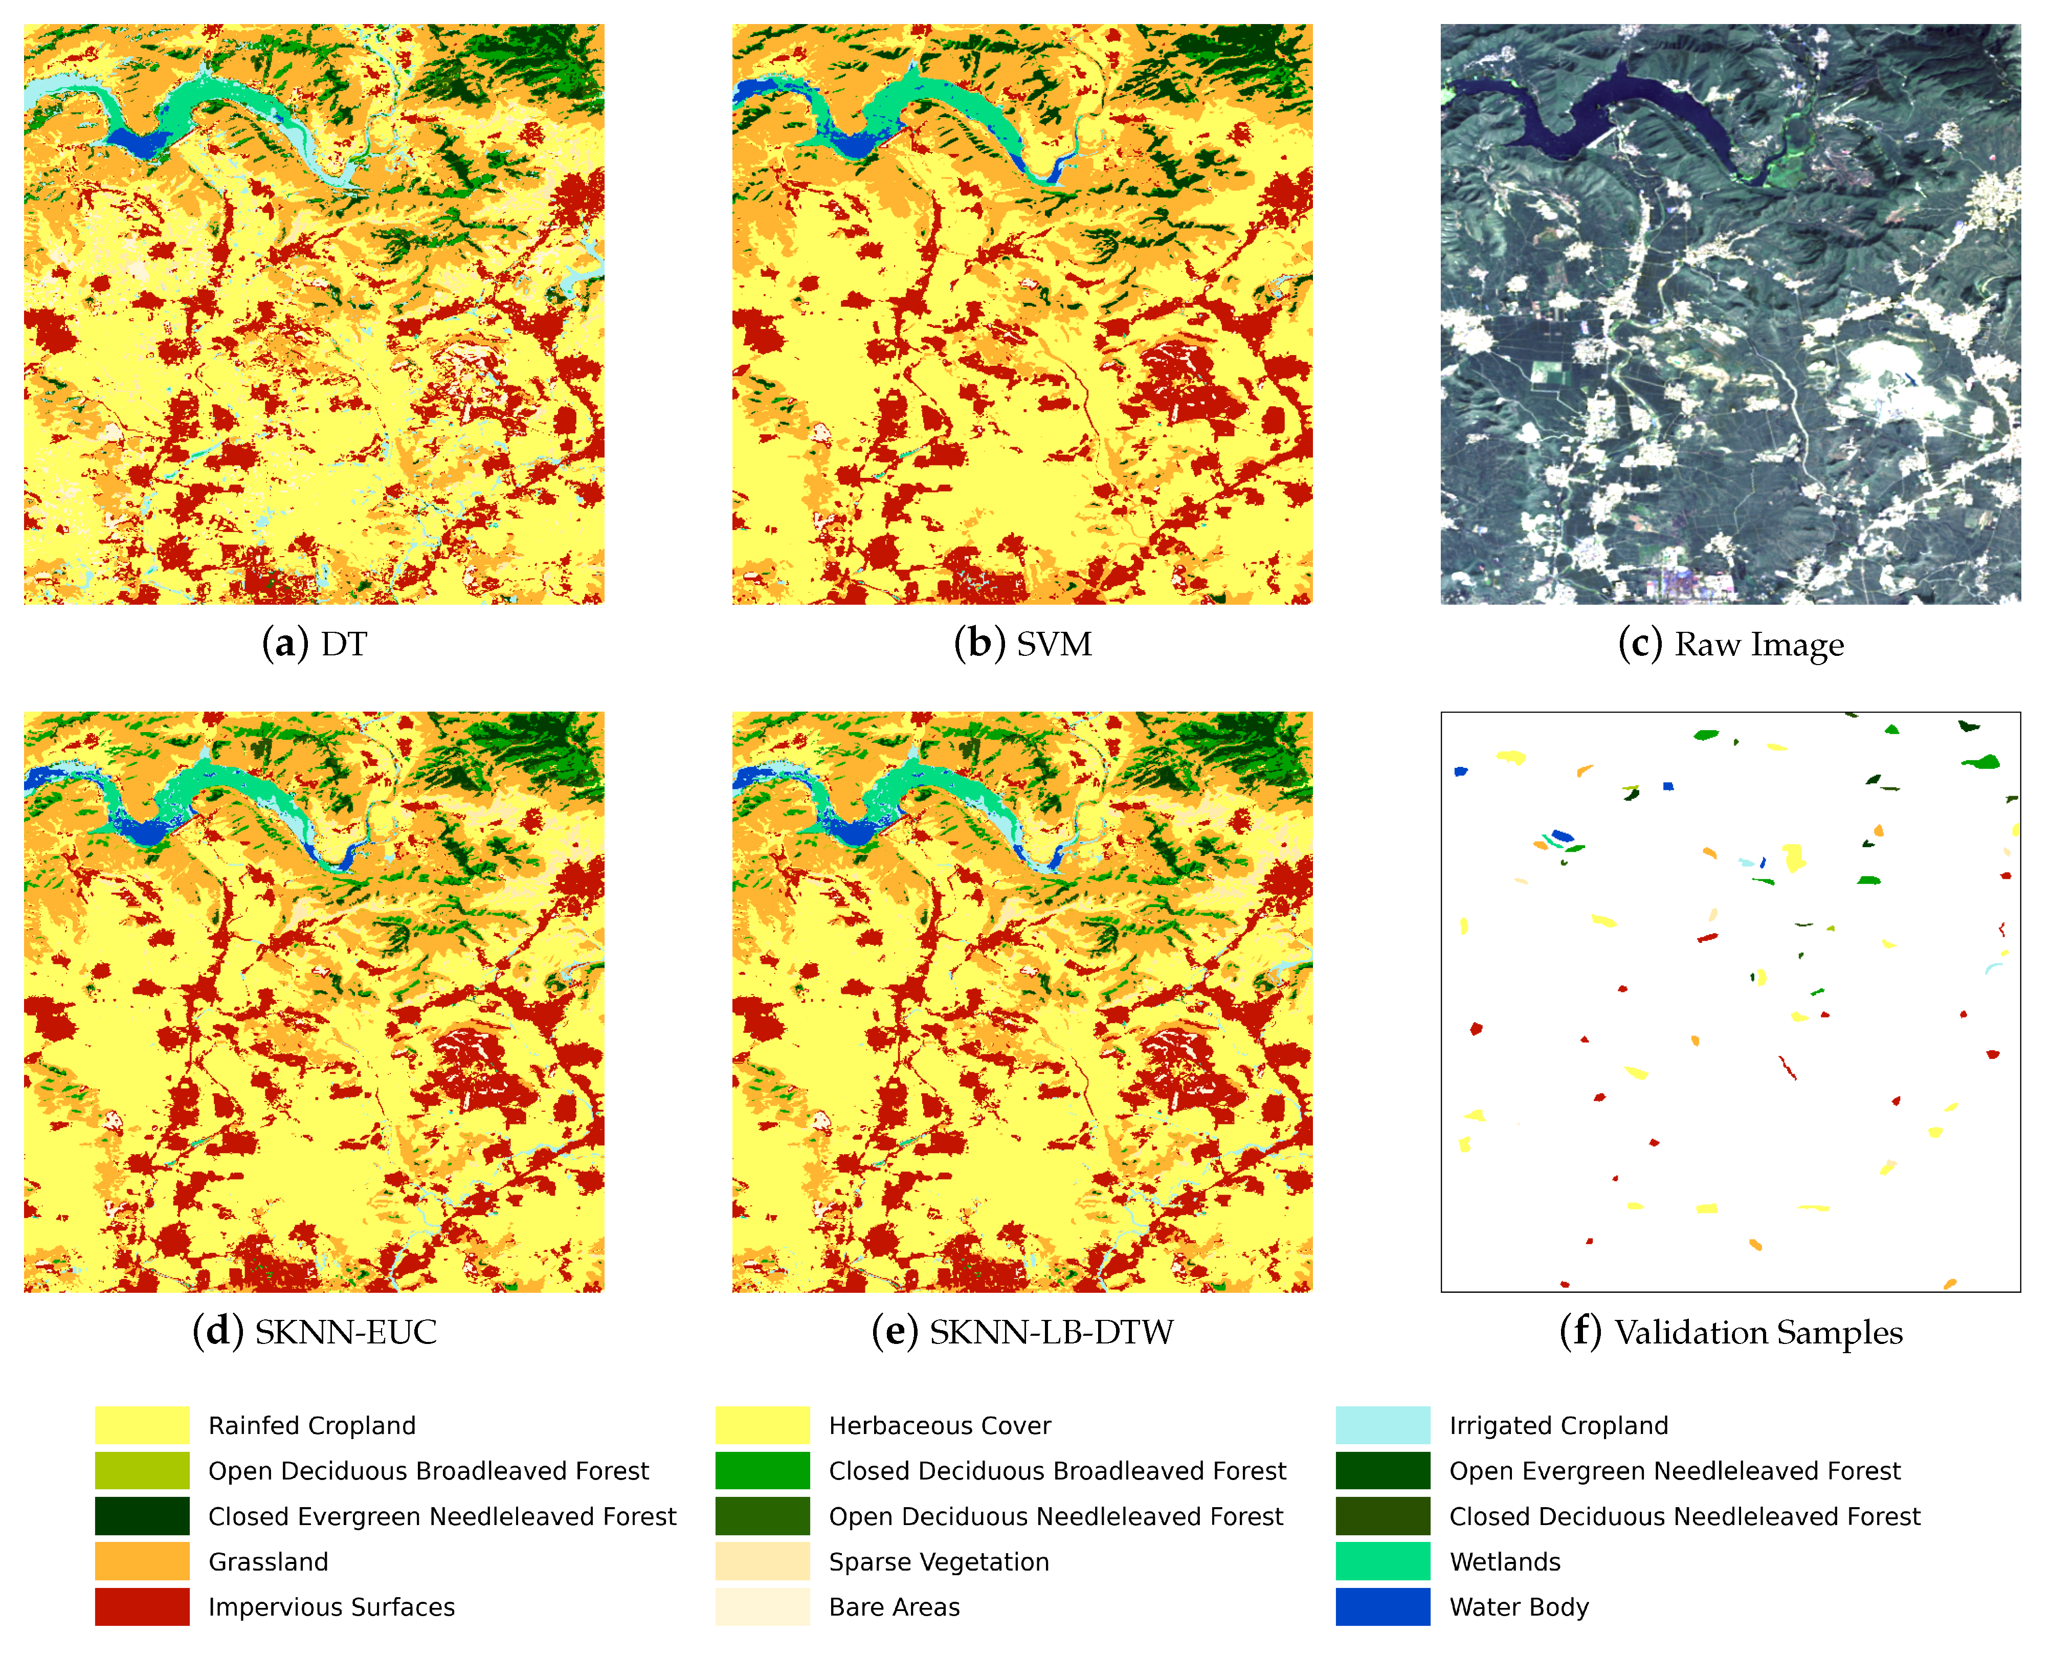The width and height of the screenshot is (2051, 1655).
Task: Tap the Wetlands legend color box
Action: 1382,1561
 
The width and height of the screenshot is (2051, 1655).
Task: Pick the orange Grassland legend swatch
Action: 142,1561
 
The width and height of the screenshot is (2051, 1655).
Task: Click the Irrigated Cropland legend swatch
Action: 1382,1425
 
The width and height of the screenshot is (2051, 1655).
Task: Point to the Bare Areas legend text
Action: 894,1607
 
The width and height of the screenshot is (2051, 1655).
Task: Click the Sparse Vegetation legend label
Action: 938,1561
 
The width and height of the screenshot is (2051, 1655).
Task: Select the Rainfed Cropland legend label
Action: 311,1425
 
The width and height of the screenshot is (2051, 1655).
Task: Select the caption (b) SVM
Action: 1022,645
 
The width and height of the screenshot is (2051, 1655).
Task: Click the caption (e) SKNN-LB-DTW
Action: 1022,1332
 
